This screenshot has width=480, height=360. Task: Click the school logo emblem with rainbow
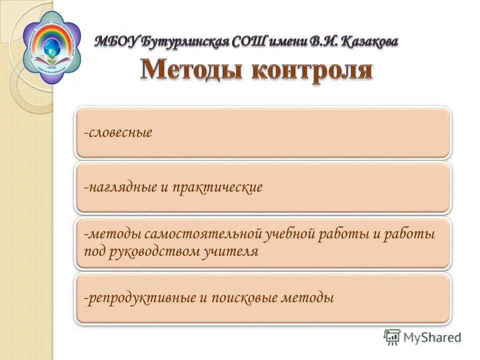click(x=51, y=46)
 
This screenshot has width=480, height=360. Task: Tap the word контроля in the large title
click(x=311, y=70)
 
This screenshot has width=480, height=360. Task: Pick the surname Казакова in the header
click(x=370, y=41)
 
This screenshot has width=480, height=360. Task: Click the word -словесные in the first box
click(x=118, y=133)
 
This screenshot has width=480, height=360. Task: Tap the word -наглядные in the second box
click(x=120, y=188)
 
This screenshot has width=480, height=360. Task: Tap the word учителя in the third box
click(x=231, y=251)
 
